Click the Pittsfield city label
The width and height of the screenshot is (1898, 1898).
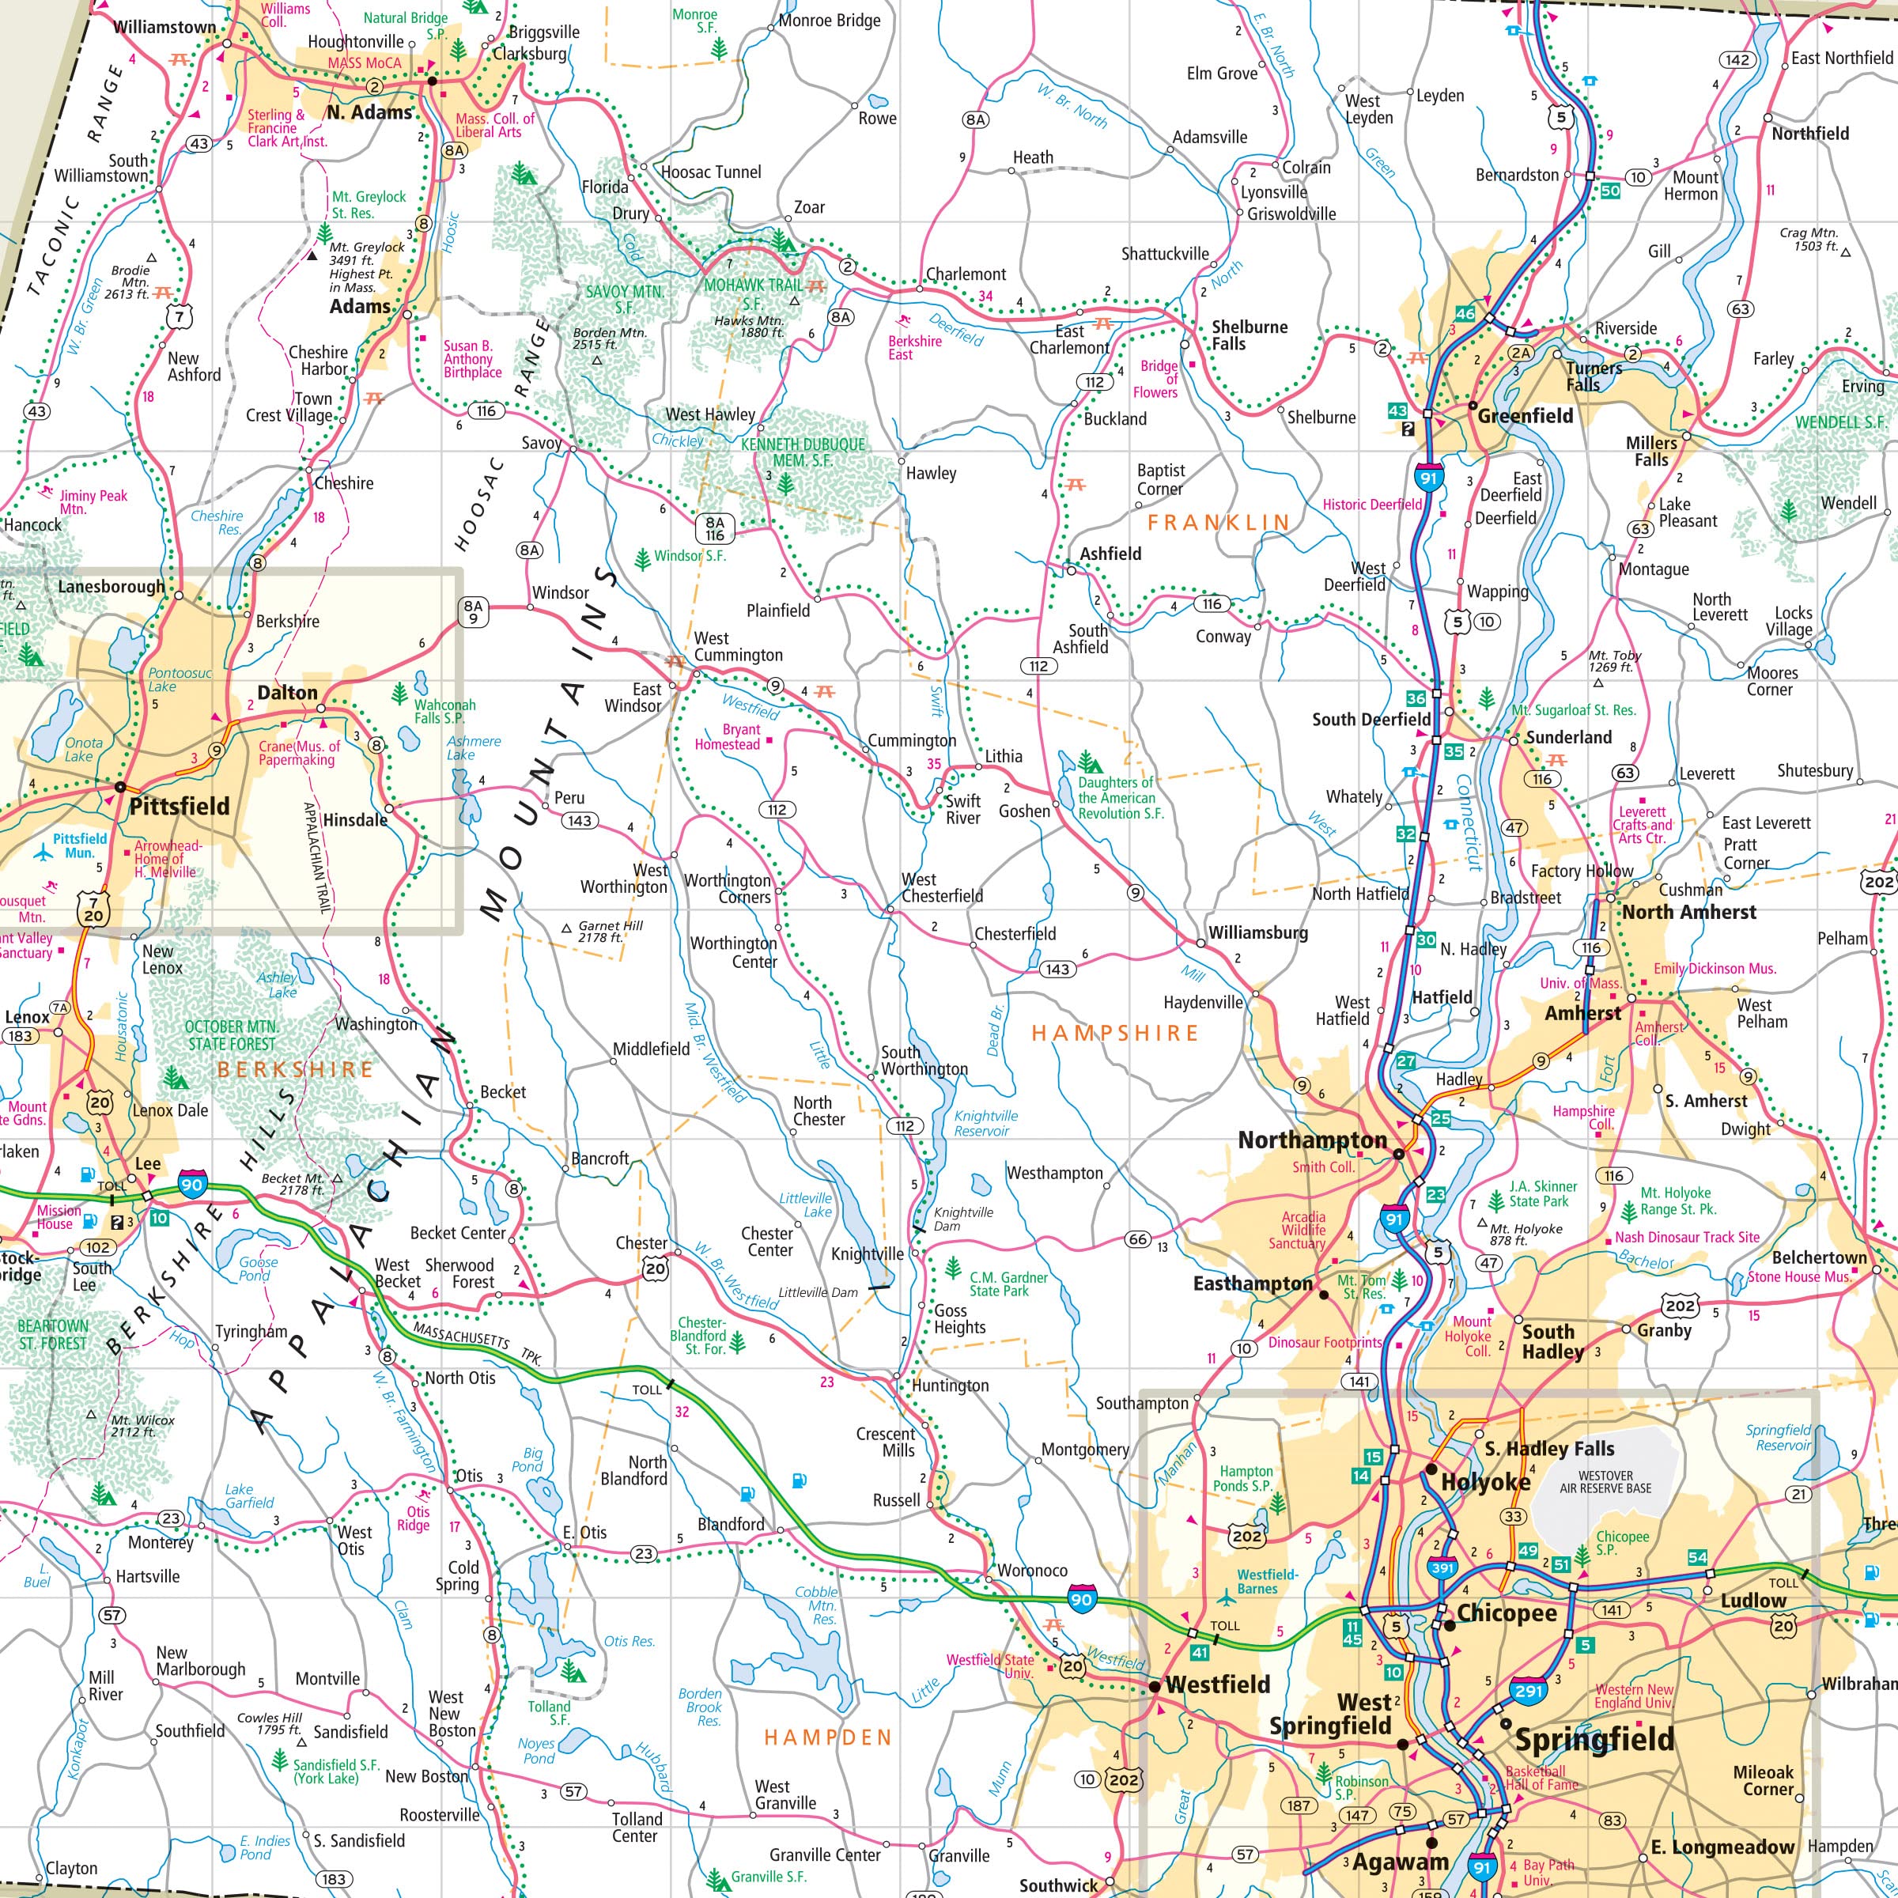[x=180, y=807]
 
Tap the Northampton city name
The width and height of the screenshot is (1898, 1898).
[x=1311, y=1140]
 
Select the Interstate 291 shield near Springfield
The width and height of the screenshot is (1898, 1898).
[x=1529, y=1690]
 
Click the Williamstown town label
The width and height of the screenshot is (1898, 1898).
[x=164, y=28]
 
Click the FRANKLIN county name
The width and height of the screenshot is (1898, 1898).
[x=1217, y=522]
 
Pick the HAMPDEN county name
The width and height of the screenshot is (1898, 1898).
[x=827, y=1737]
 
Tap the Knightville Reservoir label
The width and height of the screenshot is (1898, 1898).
[x=985, y=1123]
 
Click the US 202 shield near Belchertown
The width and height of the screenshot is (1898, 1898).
[x=1679, y=1305]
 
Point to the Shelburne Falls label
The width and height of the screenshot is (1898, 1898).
[x=1249, y=335]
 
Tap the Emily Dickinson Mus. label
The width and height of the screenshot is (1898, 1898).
[x=1715, y=969]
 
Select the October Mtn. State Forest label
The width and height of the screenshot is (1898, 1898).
[x=232, y=1035]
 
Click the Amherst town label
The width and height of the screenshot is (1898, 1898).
[x=1582, y=1013]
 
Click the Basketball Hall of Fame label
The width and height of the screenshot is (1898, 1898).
[x=1541, y=1778]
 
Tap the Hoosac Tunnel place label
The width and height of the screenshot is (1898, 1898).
[x=710, y=172]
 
